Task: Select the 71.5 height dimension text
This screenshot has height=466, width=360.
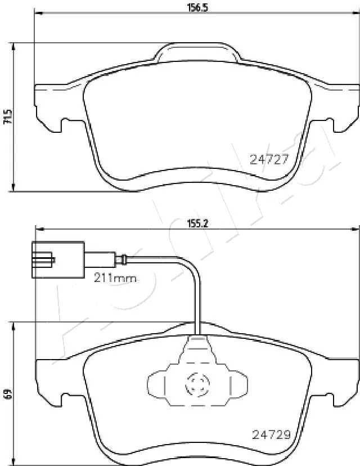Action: [7, 116]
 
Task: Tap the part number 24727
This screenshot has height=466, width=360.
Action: [268, 159]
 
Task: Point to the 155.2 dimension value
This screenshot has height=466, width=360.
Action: [197, 222]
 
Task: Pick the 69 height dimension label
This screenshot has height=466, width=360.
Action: [7, 395]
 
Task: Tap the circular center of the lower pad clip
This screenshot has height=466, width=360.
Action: [197, 386]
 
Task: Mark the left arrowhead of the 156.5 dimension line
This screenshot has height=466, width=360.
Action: [38, 13]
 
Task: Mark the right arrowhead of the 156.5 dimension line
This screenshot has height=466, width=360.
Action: [355, 13]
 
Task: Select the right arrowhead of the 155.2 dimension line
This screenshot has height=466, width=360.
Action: [355, 228]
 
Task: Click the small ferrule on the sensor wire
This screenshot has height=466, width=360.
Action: [120, 259]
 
